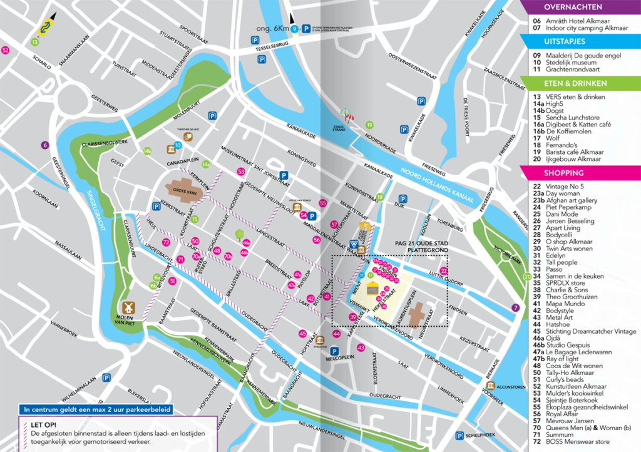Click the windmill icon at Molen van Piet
click(129, 307)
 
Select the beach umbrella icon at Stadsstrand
click(346, 115)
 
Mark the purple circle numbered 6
click(44, 145)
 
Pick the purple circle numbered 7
click(515, 307)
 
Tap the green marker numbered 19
click(369, 125)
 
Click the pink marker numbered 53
click(241, 172)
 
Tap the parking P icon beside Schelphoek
click(460, 436)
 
